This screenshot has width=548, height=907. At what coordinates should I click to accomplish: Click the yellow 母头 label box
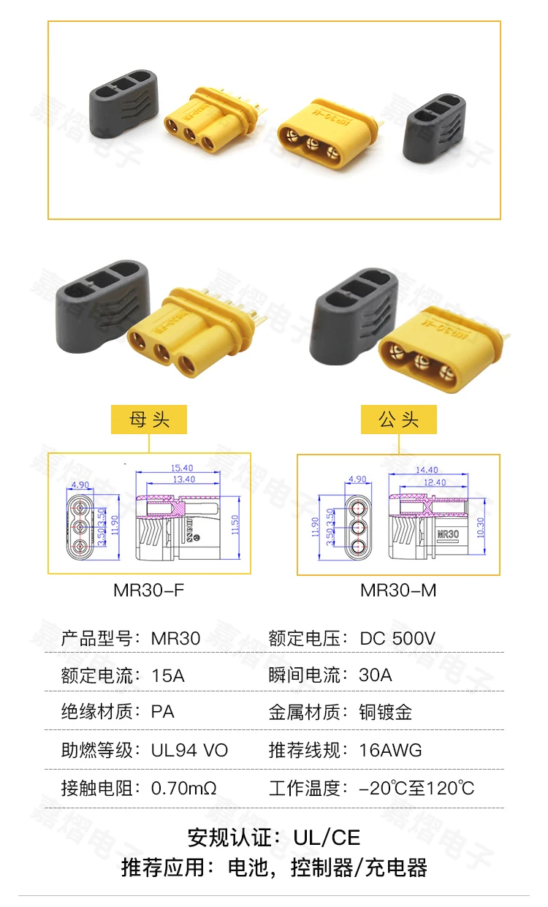coord(149,420)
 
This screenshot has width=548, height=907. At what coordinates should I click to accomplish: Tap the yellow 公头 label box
coord(399,420)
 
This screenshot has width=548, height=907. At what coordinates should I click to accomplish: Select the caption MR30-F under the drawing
coord(149,590)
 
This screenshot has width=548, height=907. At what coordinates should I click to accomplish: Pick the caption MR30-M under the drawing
coord(398,590)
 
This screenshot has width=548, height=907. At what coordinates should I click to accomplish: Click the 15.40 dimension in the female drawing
coord(181,468)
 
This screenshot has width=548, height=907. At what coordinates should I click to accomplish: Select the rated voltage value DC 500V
coord(397,638)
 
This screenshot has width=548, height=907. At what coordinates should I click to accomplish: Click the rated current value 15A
coord(168,675)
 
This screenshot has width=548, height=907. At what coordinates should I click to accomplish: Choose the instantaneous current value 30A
coord(376,675)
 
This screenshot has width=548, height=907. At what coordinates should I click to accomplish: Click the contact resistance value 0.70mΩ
coord(184,789)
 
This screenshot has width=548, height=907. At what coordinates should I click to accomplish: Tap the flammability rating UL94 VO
coord(189,751)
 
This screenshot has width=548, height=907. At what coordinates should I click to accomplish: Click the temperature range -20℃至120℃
coord(416,789)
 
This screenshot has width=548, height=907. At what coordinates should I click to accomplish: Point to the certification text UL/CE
coord(327,837)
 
